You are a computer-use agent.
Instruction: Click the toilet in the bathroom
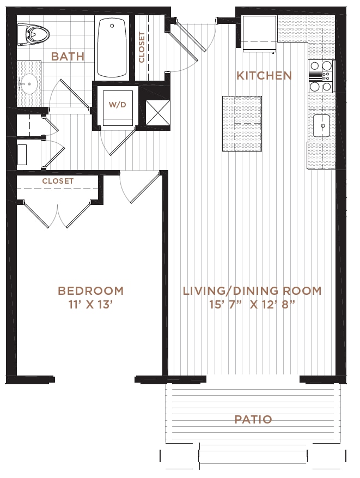(x=34, y=34)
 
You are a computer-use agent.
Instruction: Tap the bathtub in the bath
(x=112, y=48)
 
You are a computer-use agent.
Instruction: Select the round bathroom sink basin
(x=29, y=83)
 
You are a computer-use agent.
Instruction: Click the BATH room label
(x=68, y=56)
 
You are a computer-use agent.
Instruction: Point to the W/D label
(x=117, y=105)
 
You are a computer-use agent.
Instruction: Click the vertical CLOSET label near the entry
(x=142, y=47)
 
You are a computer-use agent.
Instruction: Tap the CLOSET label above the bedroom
(x=58, y=181)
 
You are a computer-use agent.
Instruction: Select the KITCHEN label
(x=264, y=76)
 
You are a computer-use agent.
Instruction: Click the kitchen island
(x=242, y=124)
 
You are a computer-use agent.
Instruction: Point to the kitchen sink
(x=322, y=126)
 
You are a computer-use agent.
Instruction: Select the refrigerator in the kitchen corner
(x=259, y=34)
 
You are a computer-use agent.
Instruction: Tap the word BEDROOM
(x=91, y=291)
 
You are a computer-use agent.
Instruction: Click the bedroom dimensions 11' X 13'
(x=89, y=305)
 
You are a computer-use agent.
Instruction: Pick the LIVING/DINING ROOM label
(x=252, y=291)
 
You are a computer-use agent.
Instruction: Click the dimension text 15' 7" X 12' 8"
(x=252, y=305)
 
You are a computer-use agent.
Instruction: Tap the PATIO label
(x=253, y=420)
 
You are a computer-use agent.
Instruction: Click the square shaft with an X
(x=158, y=112)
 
